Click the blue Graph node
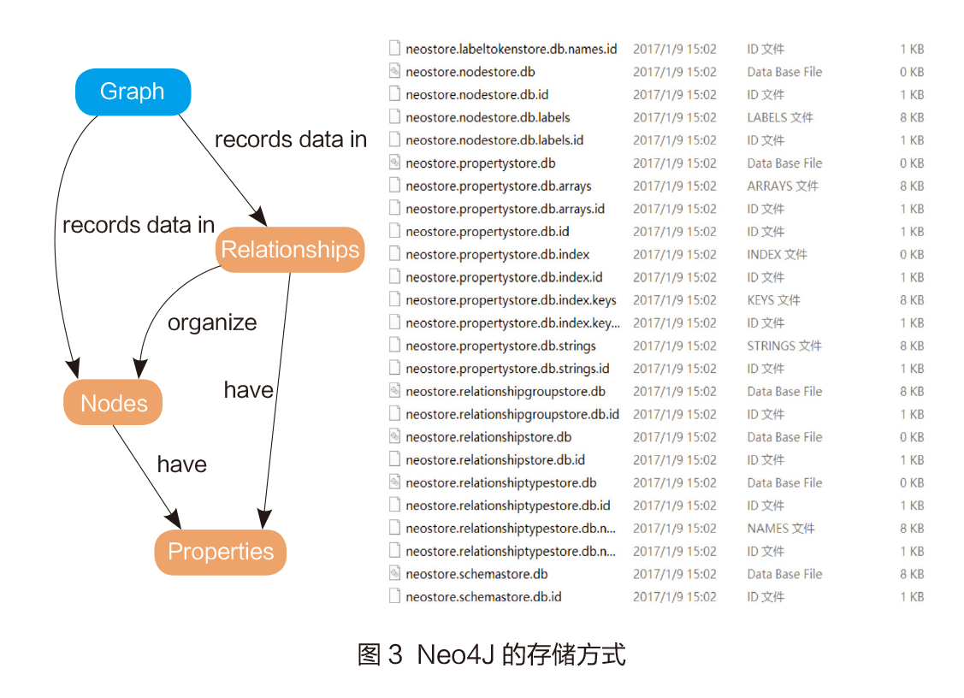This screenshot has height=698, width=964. point(133,92)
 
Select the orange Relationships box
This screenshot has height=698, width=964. point(290,250)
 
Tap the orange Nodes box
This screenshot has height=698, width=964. point(113,403)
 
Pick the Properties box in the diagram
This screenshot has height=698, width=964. point(221,552)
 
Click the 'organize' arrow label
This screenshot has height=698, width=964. point(212,322)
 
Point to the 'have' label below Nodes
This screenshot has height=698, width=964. point(181,464)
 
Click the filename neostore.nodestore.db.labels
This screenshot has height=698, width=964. point(488,117)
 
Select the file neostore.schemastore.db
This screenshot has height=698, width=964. point(476,574)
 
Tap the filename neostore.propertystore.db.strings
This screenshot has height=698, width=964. point(500,346)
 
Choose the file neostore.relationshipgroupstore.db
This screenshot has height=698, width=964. point(506,392)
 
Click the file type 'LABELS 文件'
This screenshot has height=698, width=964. point(779,117)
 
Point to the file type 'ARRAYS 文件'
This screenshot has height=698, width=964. point(782,186)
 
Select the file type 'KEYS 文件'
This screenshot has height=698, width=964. point(773,300)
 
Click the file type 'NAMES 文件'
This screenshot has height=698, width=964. point(780,529)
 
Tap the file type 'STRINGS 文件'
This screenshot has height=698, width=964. point(784,346)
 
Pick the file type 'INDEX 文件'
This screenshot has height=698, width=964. point(777,254)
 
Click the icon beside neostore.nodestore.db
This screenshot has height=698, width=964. point(394,72)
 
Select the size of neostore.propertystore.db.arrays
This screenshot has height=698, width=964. point(911,186)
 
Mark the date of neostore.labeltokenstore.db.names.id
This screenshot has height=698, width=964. point(674,49)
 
